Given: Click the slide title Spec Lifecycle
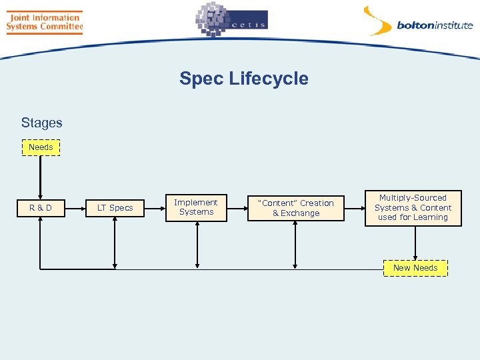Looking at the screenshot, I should coord(243,79).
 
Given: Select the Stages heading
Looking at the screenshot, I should coord(41,123).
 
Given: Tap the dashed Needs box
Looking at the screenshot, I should coord(41,147).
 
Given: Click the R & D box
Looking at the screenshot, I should coord(41,208).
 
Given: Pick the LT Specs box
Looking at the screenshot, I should coord(115,208).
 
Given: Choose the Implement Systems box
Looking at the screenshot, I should coord(195,207).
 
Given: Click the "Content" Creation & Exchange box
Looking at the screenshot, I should coord(295,208).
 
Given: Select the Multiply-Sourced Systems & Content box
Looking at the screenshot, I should coord(413,208).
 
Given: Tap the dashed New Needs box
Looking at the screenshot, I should coord(415,268).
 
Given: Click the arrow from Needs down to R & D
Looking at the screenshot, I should coord(41,177).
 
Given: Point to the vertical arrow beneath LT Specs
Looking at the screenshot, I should coord(115,243).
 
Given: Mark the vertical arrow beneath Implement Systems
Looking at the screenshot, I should coord(197,243).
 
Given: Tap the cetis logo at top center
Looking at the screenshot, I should coord(231,21).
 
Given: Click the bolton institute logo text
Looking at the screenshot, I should coord(435,26).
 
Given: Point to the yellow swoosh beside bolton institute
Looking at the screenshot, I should coord(377,21).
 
